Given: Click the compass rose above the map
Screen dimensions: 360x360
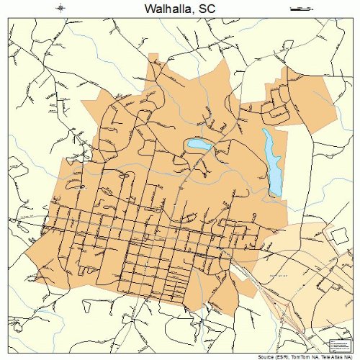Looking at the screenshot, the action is tap(60, 9).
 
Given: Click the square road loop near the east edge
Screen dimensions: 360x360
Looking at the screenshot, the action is tap(336, 236).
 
